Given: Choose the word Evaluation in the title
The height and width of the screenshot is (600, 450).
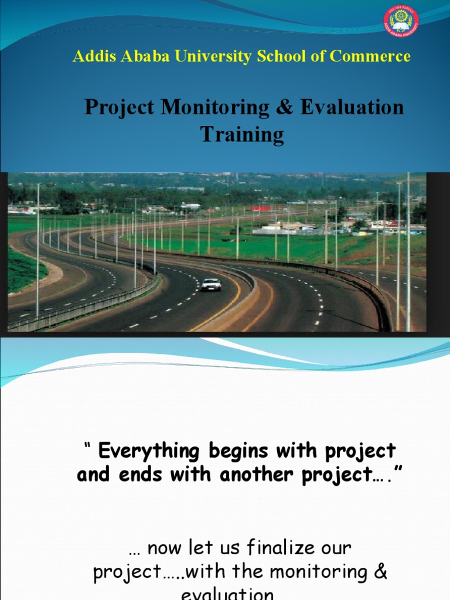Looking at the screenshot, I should (352, 108).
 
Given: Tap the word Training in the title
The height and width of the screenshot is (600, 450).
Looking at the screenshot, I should (242, 135).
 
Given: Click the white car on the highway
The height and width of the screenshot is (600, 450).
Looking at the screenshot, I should (211, 285).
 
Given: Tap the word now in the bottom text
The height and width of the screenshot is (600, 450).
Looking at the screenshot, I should (161, 549).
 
